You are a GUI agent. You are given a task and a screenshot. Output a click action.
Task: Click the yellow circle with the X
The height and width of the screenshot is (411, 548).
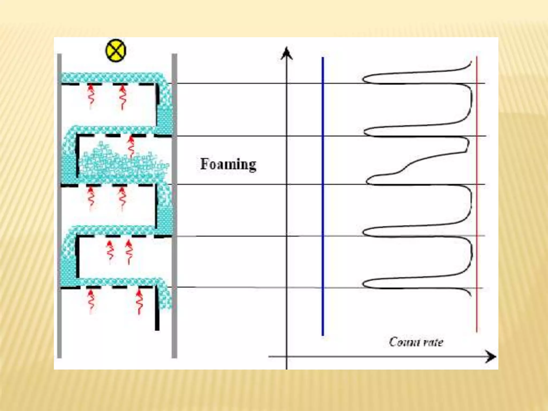click(116, 51)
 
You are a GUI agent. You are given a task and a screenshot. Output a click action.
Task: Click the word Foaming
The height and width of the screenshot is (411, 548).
click(228, 164)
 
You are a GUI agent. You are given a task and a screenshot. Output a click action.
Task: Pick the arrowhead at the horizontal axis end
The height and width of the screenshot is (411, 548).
click(491, 356)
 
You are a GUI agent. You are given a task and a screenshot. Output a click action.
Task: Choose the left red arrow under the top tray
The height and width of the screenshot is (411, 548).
click(91, 96)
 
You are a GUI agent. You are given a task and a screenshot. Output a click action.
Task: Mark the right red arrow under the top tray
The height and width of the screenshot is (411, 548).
click(123, 97)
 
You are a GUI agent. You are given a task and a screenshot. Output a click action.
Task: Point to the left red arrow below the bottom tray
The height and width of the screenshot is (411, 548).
click(91, 301)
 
